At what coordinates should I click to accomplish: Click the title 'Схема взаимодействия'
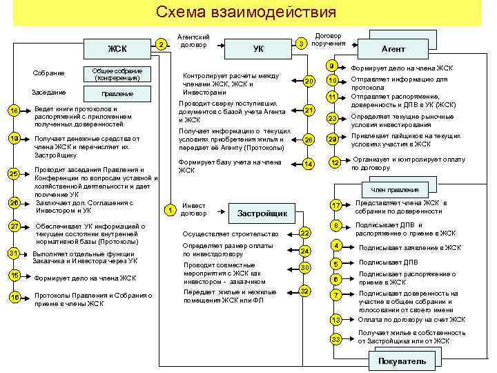[x=246, y=12]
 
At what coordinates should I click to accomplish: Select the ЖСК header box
[x=117, y=48]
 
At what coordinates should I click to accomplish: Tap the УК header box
[x=258, y=49]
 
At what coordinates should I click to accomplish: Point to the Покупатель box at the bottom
[x=402, y=361]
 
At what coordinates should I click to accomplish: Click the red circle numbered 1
[x=169, y=209]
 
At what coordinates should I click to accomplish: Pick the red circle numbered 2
[x=160, y=45]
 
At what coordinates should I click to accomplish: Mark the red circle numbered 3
[x=301, y=44]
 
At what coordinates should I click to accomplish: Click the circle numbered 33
[x=335, y=338]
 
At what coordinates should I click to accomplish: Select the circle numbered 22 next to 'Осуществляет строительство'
[x=305, y=233]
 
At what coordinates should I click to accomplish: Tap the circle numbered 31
[x=14, y=254]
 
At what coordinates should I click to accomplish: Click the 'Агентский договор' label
[x=194, y=41]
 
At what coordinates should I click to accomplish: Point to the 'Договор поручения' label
[x=329, y=39]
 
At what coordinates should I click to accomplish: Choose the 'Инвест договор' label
[x=193, y=209]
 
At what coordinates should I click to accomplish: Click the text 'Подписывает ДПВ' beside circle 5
[x=382, y=262]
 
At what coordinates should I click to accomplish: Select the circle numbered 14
[x=309, y=164]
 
